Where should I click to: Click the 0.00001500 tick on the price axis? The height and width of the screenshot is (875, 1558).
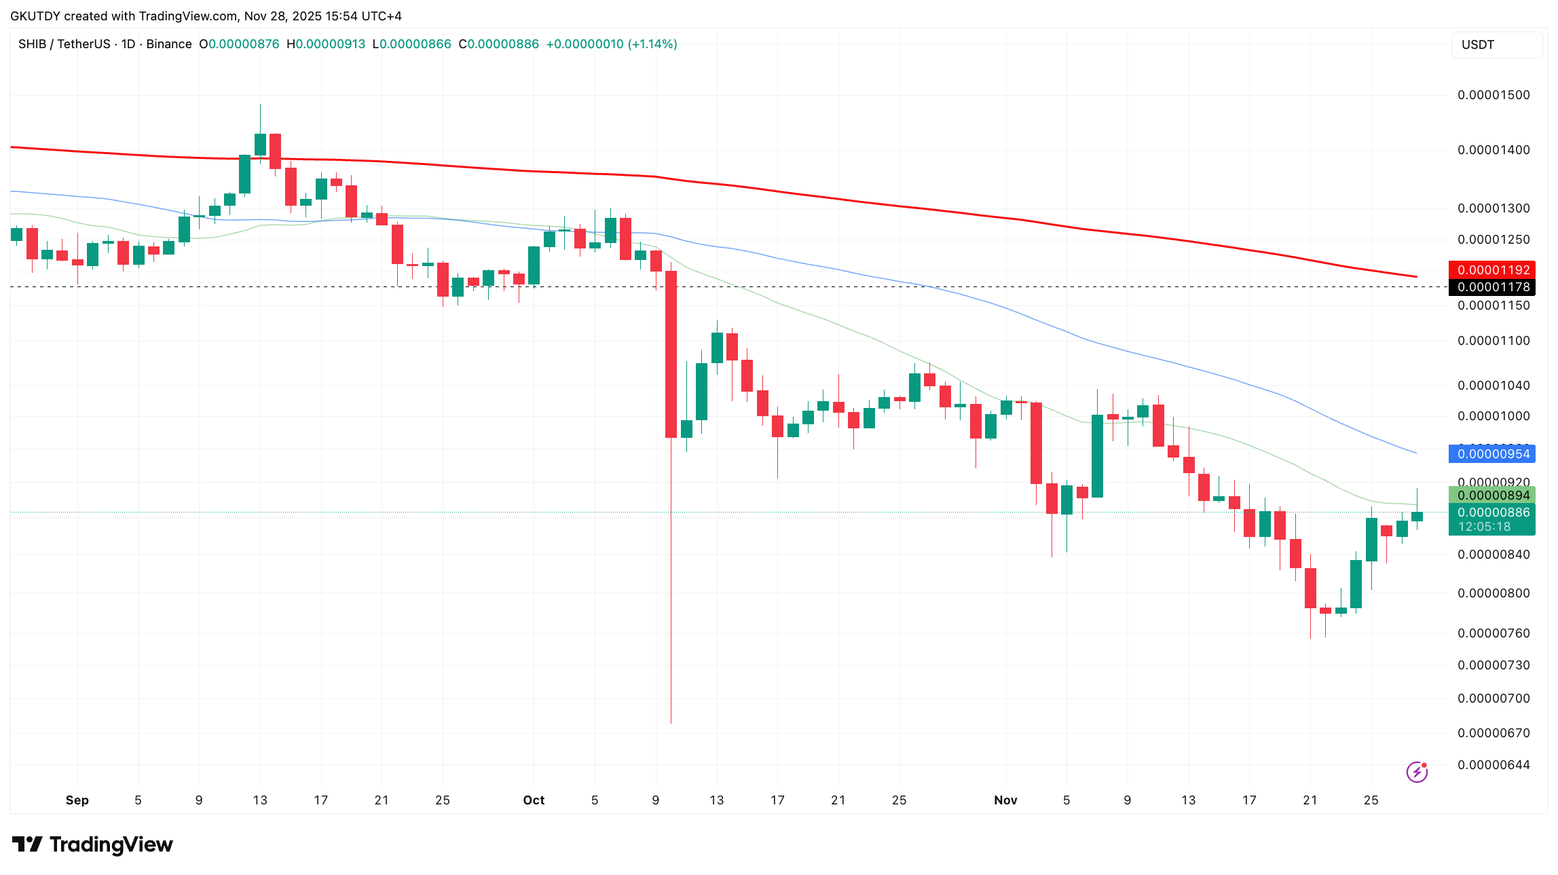pyautogui.click(x=1494, y=95)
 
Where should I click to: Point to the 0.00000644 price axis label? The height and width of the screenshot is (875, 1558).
pyautogui.click(x=1494, y=765)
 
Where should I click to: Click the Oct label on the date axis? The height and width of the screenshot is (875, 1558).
pyautogui.click(x=534, y=800)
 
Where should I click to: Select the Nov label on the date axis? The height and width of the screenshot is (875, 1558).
pyautogui.click(x=1005, y=800)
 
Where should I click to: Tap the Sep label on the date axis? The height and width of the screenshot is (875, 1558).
pyautogui.click(x=77, y=800)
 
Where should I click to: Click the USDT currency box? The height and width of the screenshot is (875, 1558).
pyautogui.click(x=1496, y=45)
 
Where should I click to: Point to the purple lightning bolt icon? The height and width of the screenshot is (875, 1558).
pyautogui.click(x=1417, y=772)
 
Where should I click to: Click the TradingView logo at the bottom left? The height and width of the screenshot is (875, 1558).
pyautogui.click(x=92, y=844)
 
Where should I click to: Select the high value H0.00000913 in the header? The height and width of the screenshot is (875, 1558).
pyautogui.click(x=326, y=44)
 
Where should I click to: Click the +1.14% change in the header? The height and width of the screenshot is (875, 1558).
pyautogui.click(x=652, y=44)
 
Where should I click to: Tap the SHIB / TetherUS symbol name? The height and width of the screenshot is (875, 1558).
pyautogui.click(x=64, y=44)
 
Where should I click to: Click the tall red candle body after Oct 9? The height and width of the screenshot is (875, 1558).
pyautogui.click(x=671, y=354)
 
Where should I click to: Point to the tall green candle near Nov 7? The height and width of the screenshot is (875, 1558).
pyautogui.click(x=1097, y=455)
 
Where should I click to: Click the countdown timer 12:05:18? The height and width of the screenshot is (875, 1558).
pyautogui.click(x=1485, y=527)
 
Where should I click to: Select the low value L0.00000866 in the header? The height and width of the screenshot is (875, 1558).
pyautogui.click(x=412, y=44)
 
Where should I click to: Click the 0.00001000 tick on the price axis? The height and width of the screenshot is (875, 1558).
pyautogui.click(x=1494, y=416)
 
